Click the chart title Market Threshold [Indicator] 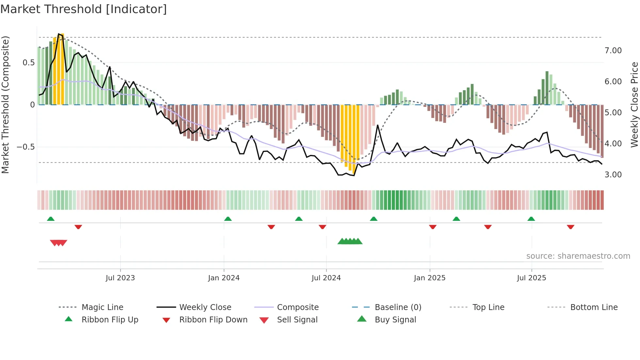click(84, 9)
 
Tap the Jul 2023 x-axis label click(120, 278)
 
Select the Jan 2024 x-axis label click(224, 278)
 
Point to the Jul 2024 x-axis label click(326, 278)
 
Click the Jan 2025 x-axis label click(429, 278)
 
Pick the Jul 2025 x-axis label click(531, 278)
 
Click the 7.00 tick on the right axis click(613, 51)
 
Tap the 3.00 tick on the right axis click(613, 175)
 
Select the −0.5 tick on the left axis click(26, 147)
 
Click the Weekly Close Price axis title click(634, 105)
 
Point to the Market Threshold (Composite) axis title click(5, 105)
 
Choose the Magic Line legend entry click(102, 307)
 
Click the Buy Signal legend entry click(395, 320)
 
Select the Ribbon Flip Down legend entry click(213, 320)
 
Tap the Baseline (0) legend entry click(398, 307)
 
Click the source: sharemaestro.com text click(578, 256)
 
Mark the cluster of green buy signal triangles click(350, 241)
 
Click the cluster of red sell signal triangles click(58, 243)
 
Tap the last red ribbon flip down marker click(570, 227)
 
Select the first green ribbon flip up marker click(51, 219)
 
